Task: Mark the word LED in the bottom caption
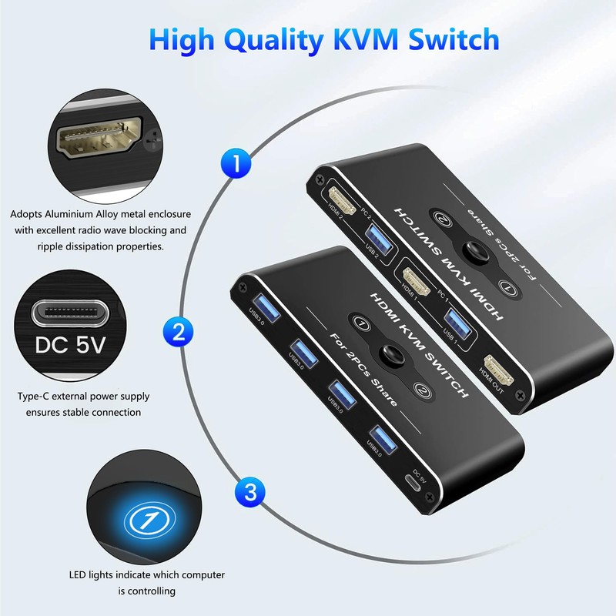click(x=79, y=575)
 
